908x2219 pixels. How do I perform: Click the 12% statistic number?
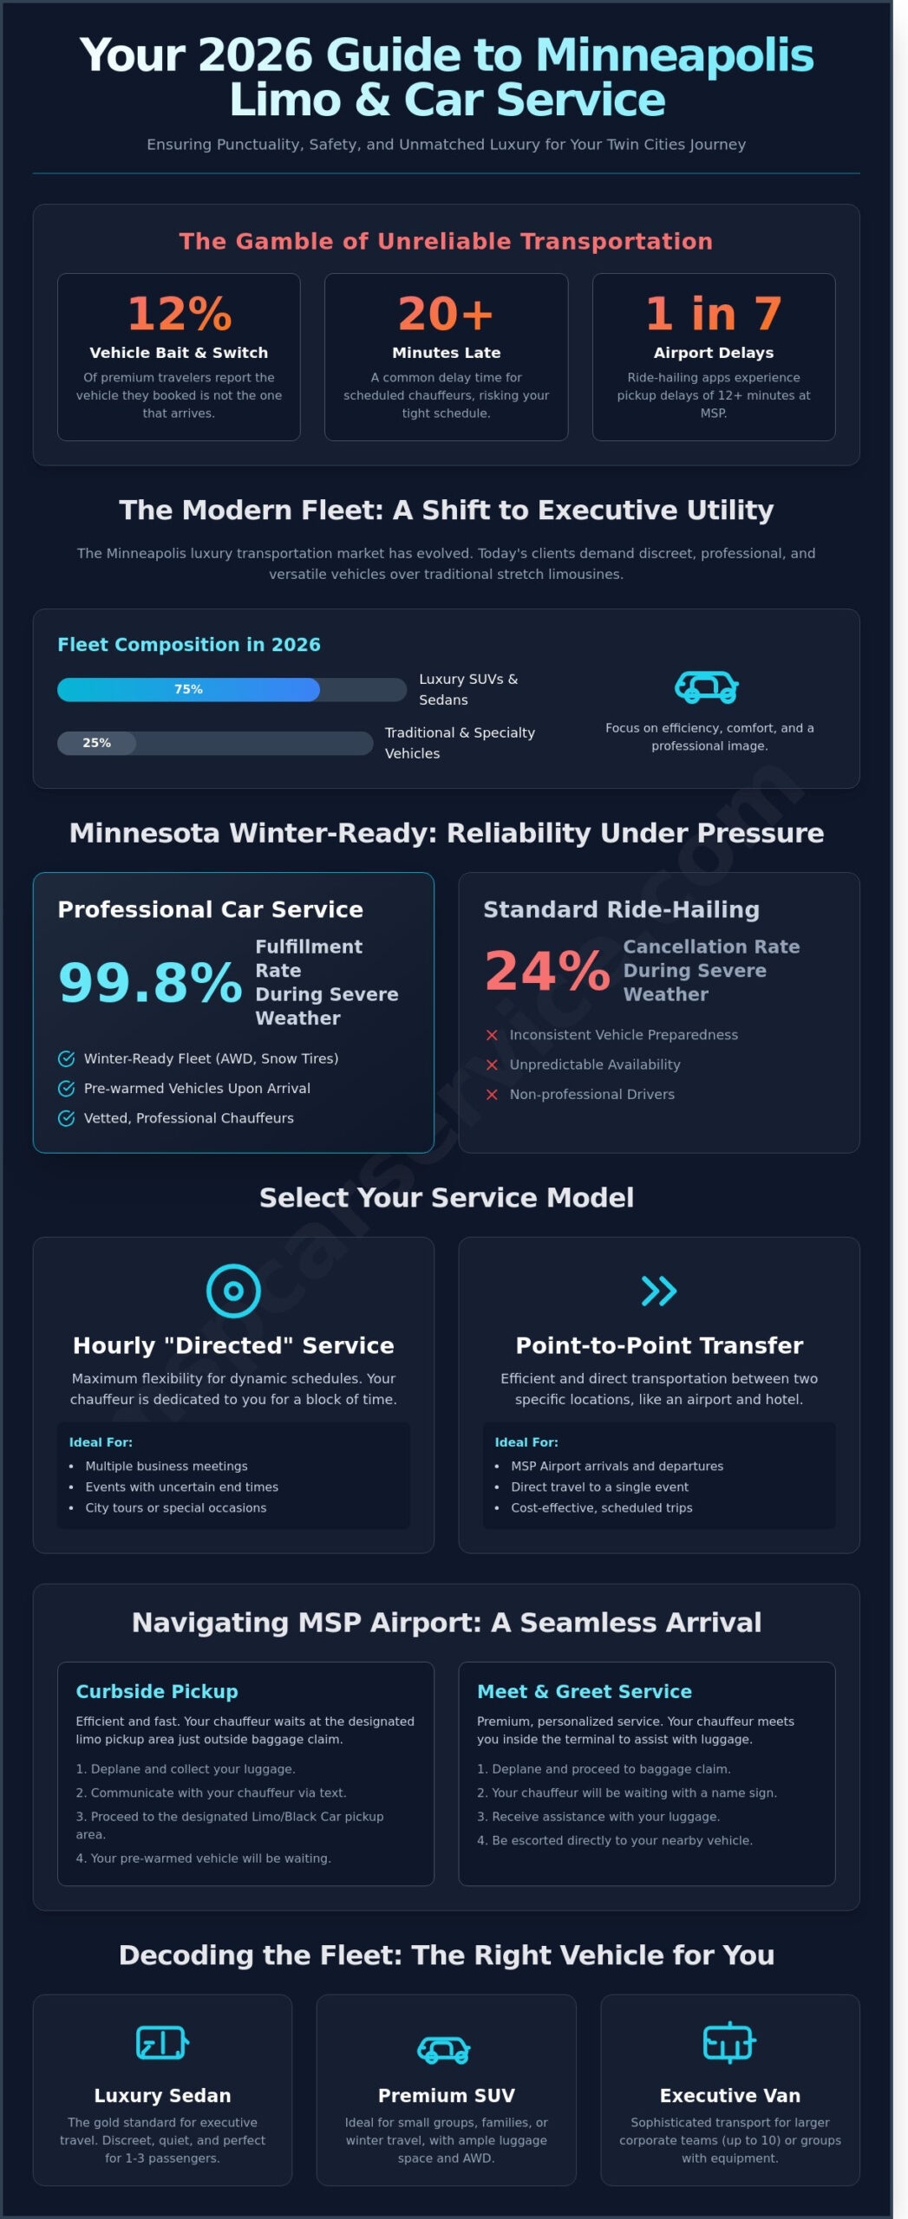click(179, 314)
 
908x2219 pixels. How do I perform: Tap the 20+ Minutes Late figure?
click(446, 314)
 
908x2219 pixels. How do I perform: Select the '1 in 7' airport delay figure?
click(713, 314)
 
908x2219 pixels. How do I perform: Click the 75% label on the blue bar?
click(188, 689)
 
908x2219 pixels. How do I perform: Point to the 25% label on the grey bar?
click(96, 743)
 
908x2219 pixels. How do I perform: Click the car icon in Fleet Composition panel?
click(707, 687)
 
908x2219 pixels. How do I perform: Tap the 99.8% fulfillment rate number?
click(150, 983)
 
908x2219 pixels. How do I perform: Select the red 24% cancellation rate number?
click(547, 971)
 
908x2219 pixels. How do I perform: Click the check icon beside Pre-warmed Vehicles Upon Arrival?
click(66, 1089)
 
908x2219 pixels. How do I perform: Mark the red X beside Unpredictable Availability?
click(492, 1064)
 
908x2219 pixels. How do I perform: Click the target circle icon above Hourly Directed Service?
click(233, 1291)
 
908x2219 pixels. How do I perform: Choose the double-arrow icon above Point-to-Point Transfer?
click(658, 1291)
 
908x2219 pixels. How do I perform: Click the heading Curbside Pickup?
click(157, 1691)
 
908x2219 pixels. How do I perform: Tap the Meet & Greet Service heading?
click(584, 1691)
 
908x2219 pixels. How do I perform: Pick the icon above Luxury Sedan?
click(162, 2043)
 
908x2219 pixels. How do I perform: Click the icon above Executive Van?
click(729, 2043)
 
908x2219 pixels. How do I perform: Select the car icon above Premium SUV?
click(444, 2050)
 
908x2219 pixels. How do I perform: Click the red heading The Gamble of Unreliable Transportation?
click(446, 241)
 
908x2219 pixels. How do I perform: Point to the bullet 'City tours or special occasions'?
click(176, 1507)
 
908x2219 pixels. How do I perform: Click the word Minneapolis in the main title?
click(675, 55)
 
